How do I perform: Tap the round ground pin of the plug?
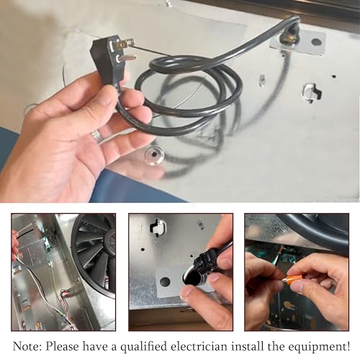[127, 58]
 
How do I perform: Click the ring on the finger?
[97, 136]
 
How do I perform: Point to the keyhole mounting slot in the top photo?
[311, 92]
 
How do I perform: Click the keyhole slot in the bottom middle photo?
[158, 227]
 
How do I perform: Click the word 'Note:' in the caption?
[27, 346]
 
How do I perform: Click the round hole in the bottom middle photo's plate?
[165, 282]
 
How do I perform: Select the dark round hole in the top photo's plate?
[316, 42]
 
